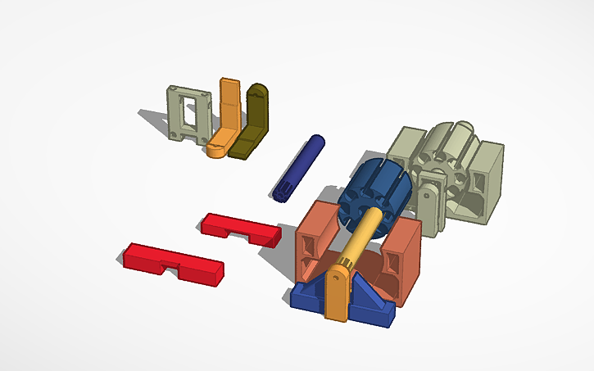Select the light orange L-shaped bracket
227,115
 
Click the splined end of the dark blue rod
283,192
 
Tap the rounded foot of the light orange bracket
218,150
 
